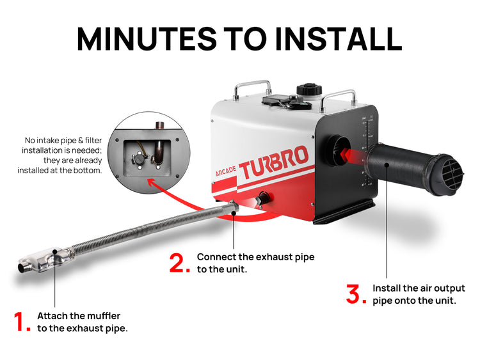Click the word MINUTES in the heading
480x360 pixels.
click(147, 39)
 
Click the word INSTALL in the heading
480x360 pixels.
click(339, 39)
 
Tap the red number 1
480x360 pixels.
click(22, 322)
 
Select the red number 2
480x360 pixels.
click(180, 263)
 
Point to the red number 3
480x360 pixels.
click(356, 294)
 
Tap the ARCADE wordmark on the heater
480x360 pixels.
click(226, 172)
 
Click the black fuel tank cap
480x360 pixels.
click(309, 90)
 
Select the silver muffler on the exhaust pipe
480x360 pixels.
click(46, 261)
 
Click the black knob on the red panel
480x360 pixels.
click(262, 198)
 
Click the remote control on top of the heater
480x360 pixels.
click(286, 102)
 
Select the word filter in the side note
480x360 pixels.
click(93, 141)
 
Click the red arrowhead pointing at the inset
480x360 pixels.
click(151, 183)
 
